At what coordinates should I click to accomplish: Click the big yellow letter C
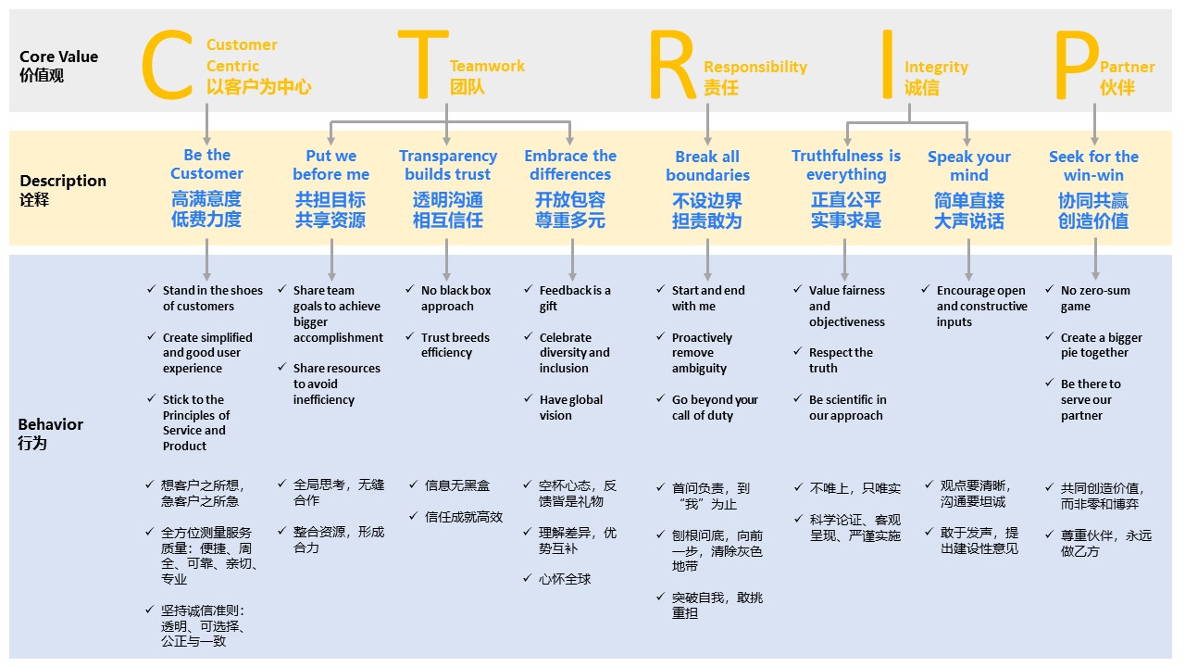coord(167,65)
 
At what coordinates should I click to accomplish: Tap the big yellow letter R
coord(671,65)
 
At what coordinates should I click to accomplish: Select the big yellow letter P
coord(1076,65)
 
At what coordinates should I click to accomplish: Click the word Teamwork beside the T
coord(487,66)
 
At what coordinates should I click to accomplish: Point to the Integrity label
coord(936,67)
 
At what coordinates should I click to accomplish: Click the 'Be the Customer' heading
coord(206,164)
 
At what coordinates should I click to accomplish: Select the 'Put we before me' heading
coord(331,165)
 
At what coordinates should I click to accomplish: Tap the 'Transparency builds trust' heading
coord(448,165)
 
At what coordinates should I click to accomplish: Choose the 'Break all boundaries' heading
coord(707,166)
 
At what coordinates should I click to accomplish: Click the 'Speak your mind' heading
coord(968,166)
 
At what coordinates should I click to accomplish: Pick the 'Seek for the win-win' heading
coord(1093,166)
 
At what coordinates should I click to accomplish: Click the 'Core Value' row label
coord(58,57)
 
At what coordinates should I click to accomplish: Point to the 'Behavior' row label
coord(50,424)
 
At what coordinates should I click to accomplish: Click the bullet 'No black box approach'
coord(455,298)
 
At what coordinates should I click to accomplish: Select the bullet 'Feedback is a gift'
coord(575,298)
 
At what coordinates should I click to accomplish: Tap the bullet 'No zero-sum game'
coord(1095,298)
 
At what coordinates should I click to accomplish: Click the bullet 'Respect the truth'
coord(841,360)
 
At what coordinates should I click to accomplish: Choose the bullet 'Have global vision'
coord(570,408)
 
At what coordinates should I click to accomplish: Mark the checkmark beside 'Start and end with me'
coord(661,290)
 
